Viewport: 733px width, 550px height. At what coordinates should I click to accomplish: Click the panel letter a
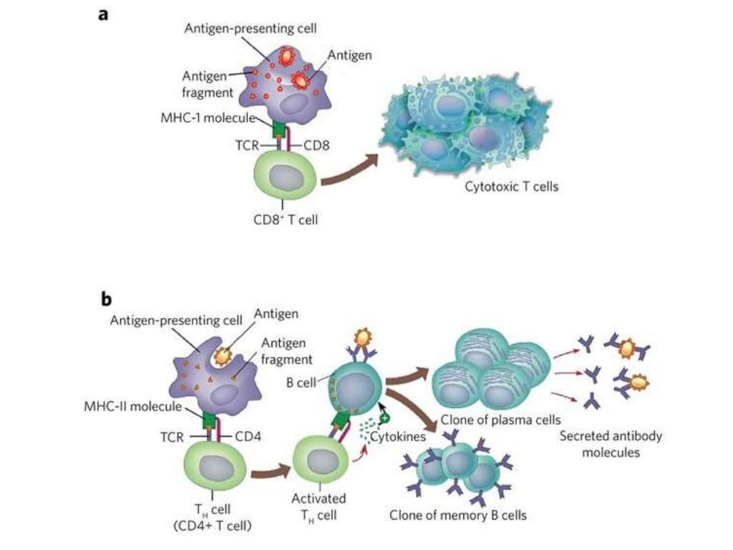(103, 14)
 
